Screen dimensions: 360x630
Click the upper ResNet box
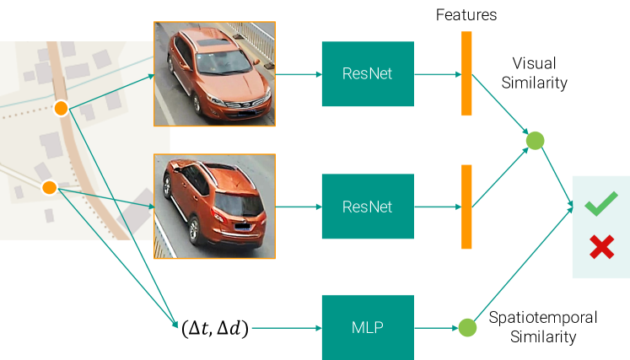click(x=367, y=74)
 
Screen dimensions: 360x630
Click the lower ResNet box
click(x=367, y=207)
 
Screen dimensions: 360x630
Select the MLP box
click(x=367, y=327)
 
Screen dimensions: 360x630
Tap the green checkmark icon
click(x=600, y=204)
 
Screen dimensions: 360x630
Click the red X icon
click(x=600, y=247)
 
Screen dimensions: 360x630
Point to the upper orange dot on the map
click(x=61, y=108)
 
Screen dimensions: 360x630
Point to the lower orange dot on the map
click(x=49, y=187)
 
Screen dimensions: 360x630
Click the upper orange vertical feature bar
click(x=466, y=73)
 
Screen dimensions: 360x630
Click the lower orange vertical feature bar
click(x=466, y=207)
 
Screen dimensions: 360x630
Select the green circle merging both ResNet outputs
click(x=534, y=140)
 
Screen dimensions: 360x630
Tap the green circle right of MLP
click(x=467, y=327)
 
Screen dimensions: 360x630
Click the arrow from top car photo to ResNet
click(x=299, y=74)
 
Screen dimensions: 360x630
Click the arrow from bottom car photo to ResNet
click(x=299, y=207)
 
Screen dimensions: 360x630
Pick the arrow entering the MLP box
click(x=287, y=327)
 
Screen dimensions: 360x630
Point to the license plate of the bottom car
click(x=242, y=225)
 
